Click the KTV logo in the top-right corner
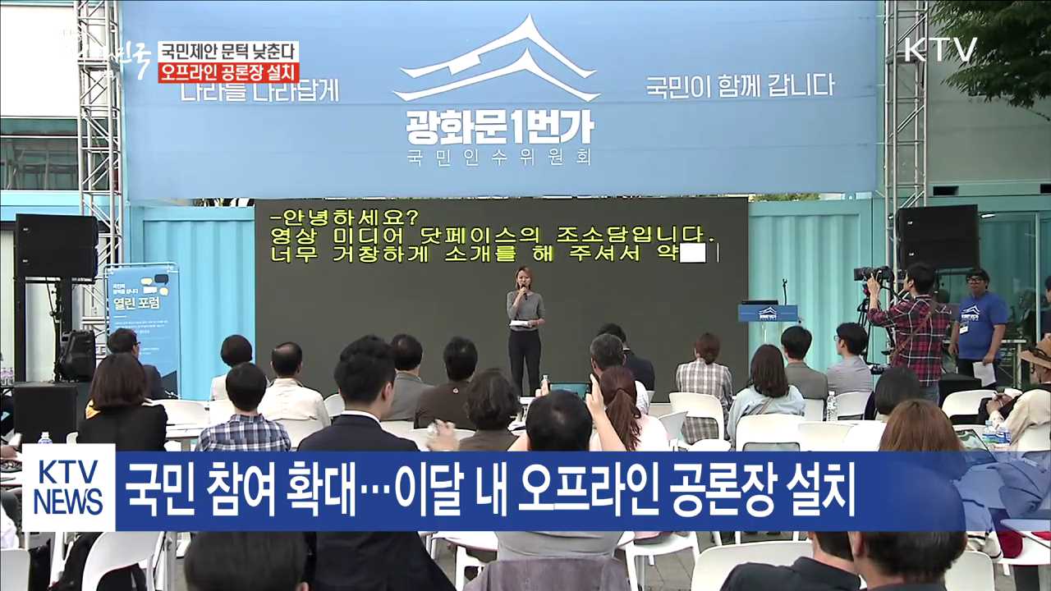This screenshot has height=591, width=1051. (940, 50)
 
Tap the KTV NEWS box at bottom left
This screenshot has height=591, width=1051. (69, 488)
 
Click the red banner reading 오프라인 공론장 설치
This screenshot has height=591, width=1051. (228, 72)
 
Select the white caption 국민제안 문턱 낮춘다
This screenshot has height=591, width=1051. (228, 52)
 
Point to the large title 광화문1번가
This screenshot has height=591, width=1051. (499, 126)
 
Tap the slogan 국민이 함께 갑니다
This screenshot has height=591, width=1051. (739, 85)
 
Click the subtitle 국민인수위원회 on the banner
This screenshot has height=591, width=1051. (499, 157)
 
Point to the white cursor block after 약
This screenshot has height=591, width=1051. (692, 254)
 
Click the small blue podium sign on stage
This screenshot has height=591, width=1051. (767, 313)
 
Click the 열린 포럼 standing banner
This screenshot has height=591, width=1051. (143, 324)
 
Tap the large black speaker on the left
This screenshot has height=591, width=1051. (56, 246)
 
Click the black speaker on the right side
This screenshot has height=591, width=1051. (936, 237)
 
